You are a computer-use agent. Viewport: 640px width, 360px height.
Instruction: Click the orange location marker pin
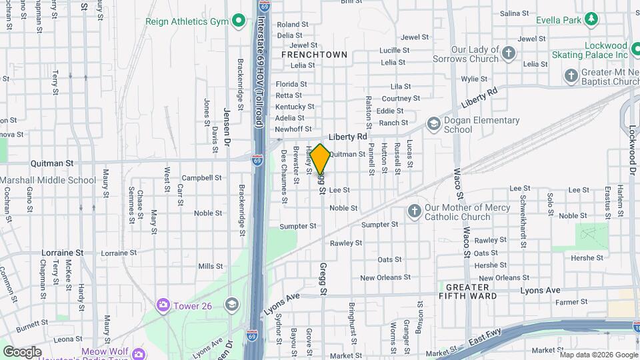click(320, 159)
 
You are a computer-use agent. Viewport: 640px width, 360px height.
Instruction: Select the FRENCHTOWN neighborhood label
click(315, 54)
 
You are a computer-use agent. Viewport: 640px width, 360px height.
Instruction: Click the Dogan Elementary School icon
click(433, 125)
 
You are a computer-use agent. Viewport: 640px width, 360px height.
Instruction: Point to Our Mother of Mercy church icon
click(414, 211)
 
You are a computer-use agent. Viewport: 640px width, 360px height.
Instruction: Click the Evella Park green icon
click(591, 19)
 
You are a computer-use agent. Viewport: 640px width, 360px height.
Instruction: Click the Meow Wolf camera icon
click(138, 352)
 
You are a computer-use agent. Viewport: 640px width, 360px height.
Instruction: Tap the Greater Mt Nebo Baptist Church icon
click(571, 77)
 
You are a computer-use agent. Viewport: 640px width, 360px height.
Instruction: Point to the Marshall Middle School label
click(48, 180)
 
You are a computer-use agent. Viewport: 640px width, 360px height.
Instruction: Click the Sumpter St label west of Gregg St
click(297, 226)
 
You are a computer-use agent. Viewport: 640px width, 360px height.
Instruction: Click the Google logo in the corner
click(22, 351)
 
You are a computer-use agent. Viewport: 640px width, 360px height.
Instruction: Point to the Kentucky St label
click(295, 107)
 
